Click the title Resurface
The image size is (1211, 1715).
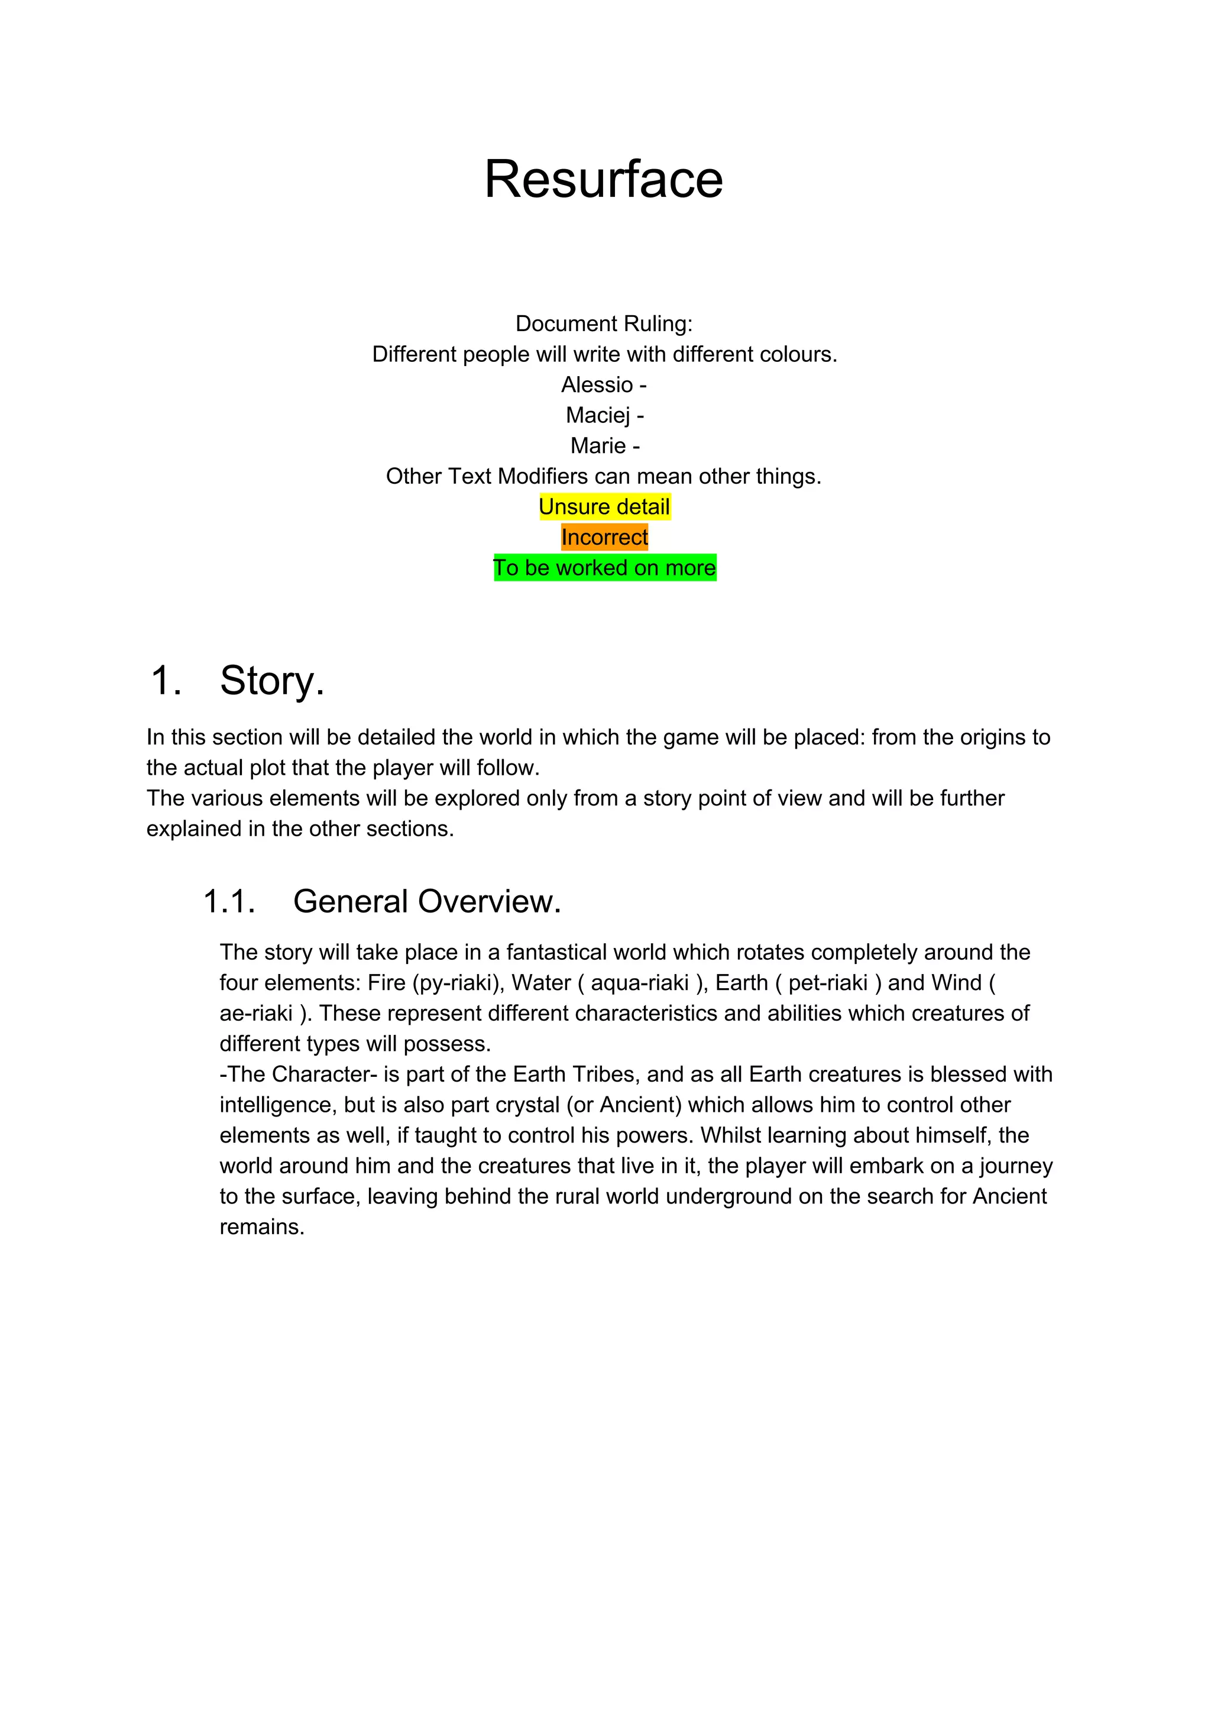tap(604, 180)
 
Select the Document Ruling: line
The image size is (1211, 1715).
tap(604, 324)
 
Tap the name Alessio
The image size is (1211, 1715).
tap(597, 384)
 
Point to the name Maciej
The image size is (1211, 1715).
tap(598, 415)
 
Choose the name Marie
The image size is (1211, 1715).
tap(598, 446)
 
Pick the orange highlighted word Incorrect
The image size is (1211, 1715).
tap(604, 538)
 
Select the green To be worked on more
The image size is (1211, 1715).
tap(604, 568)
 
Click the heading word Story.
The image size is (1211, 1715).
tap(272, 681)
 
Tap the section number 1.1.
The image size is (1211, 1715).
tap(229, 902)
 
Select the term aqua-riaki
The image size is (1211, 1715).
tap(639, 983)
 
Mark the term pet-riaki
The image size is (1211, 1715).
tap(827, 983)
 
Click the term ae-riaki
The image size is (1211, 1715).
tap(255, 1014)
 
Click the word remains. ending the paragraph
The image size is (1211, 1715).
tap(261, 1227)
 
